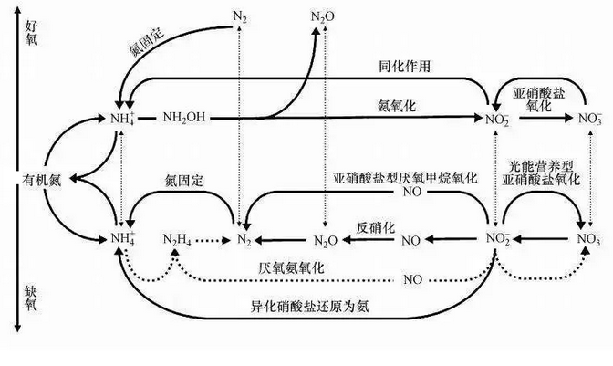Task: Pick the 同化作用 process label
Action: coord(405,67)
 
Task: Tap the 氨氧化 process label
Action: coord(396,107)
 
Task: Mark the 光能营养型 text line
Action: coord(542,166)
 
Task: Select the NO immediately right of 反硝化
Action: coord(411,240)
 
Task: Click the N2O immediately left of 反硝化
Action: coord(326,240)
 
